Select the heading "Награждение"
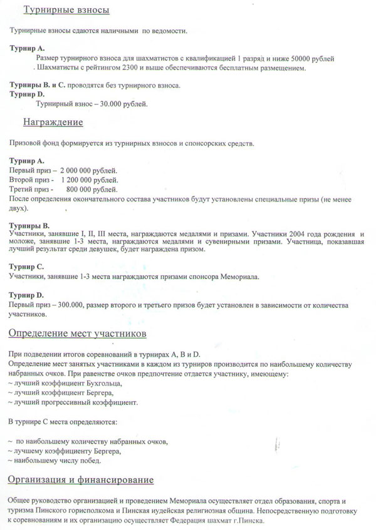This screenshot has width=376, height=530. (x=53, y=121)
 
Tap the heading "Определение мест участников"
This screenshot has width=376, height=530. (x=77, y=332)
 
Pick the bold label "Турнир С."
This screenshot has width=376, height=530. (x=26, y=267)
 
